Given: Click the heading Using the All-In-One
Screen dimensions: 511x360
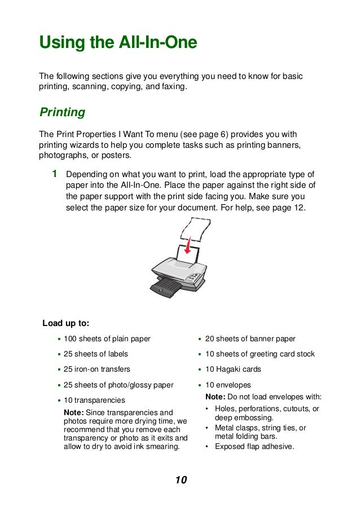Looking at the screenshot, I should [x=117, y=43].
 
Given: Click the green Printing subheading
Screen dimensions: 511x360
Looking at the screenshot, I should [x=62, y=112].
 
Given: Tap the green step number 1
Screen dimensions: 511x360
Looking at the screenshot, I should [x=54, y=174].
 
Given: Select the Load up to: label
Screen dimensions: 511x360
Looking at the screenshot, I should [x=66, y=323].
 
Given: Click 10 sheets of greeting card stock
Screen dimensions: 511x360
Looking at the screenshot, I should [x=260, y=354].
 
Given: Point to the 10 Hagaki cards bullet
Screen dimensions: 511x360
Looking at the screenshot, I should [x=233, y=369].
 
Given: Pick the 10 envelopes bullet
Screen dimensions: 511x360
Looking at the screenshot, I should [x=228, y=385].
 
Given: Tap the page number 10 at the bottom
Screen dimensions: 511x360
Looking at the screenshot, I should [x=180, y=480].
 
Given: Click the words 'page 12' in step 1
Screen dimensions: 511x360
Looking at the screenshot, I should [x=288, y=208].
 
